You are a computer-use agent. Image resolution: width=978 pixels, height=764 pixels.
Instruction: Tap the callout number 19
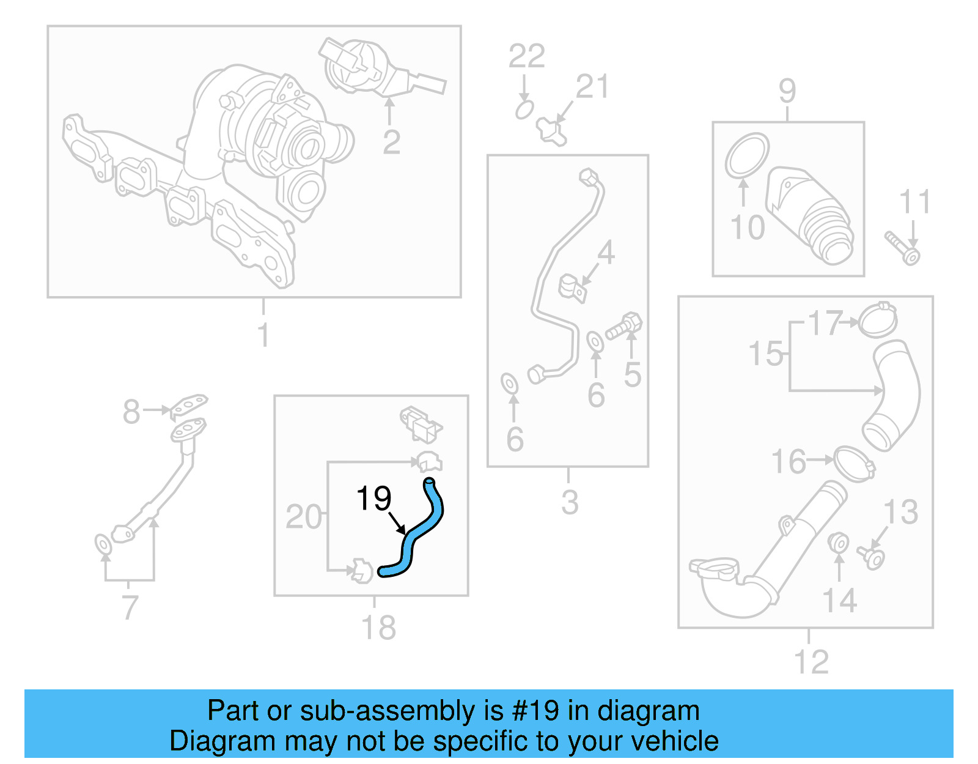click(x=373, y=499)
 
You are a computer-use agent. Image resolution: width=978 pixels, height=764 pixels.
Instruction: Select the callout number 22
click(x=526, y=57)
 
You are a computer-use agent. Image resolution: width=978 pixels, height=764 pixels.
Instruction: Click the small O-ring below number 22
click(x=524, y=110)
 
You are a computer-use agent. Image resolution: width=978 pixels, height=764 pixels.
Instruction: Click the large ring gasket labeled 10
click(x=746, y=156)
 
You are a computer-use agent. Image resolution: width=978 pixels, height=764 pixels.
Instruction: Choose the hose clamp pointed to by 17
click(x=878, y=320)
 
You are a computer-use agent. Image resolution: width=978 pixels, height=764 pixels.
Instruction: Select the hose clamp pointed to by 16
click(x=853, y=463)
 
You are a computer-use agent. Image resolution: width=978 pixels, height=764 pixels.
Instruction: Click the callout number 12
click(x=811, y=662)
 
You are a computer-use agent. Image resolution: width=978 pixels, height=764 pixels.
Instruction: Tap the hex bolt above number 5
click(x=624, y=325)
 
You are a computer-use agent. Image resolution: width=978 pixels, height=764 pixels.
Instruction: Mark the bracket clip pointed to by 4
click(x=573, y=288)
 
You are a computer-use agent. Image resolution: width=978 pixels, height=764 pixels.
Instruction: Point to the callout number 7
click(x=130, y=607)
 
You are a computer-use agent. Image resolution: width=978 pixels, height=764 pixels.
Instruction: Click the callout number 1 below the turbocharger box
click(x=263, y=335)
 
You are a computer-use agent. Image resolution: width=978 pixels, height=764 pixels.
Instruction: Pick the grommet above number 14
click(x=839, y=543)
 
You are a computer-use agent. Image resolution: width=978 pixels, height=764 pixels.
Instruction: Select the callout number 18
click(x=378, y=628)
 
